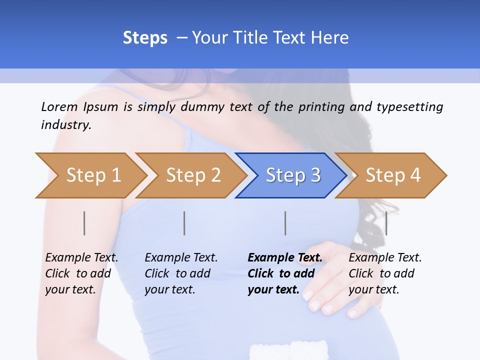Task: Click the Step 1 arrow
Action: pos(93,175)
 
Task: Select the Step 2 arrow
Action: pos(193,175)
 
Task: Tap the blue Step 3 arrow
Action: pos(293,175)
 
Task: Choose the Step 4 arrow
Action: pos(393,175)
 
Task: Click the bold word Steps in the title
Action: pos(145,38)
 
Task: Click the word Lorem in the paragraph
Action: pos(59,106)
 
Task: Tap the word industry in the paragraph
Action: pos(65,125)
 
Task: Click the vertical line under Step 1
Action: pos(84,223)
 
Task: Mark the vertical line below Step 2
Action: pos(184,223)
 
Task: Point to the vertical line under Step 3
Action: pos(285,223)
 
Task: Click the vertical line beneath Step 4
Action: pos(386,223)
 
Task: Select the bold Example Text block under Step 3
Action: pos(285,273)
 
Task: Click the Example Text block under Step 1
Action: pos(81,273)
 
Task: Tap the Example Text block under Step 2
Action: pos(181,273)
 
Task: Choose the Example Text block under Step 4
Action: pos(385,273)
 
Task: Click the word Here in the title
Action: pos(330,38)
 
